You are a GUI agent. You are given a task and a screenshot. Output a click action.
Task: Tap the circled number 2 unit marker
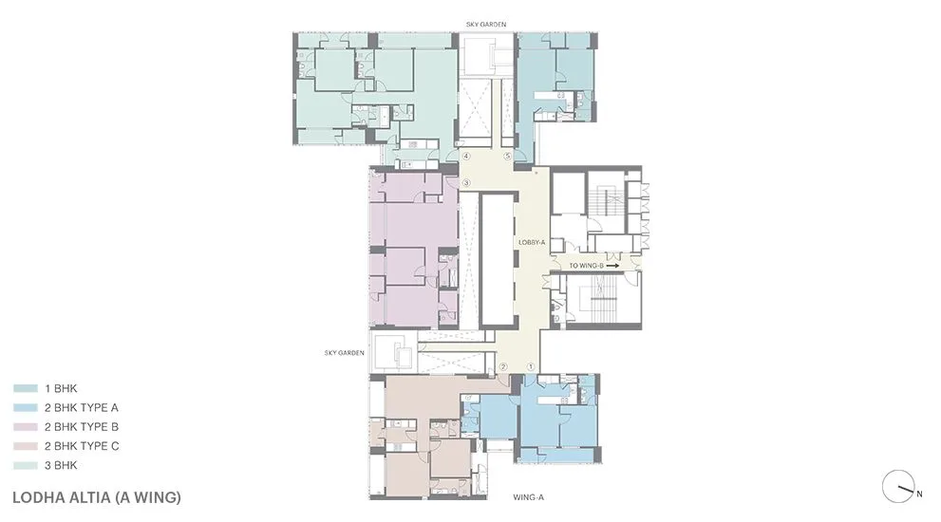click(x=504, y=366)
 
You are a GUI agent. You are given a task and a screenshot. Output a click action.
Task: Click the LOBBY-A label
click(x=531, y=243)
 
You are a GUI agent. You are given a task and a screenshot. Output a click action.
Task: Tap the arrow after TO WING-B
click(x=612, y=267)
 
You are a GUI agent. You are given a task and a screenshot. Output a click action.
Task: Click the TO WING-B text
click(x=585, y=267)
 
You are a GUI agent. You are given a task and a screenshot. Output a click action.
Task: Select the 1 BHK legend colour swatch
click(x=25, y=388)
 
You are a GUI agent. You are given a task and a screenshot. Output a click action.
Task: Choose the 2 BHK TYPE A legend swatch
click(x=25, y=407)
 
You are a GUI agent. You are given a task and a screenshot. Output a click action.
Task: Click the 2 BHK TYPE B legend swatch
click(x=25, y=426)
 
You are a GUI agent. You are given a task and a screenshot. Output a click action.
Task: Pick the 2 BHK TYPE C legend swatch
click(x=25, y=446)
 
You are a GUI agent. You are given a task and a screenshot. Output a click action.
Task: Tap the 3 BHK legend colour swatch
click(x=25, y=465)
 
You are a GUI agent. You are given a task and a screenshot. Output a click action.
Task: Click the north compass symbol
click(x=897, y=487)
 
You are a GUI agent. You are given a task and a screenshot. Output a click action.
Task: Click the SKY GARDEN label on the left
click(x=344, y=353)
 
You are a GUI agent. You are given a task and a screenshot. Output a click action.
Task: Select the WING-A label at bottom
click(x=527, y=496)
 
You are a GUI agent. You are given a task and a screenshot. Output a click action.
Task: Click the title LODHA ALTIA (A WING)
click(x=97, y=496)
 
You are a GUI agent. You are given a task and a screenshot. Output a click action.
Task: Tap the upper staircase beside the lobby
click(x=604, y=204)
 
